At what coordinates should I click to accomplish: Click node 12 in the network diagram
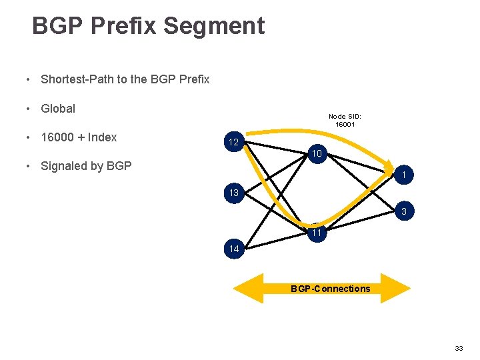pyautogui.click(x=233, y=143)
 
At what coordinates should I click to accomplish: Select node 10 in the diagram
pyautogui.click(x=316, y=155)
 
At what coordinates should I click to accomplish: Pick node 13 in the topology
pyautogui.click(x=233, y=193)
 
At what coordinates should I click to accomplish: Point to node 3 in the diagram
pyautogui.click(x=403, y=212)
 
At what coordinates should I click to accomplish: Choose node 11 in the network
pyautogui.click(x=316, y=233)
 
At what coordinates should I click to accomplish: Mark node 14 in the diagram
pyautogui.click(x=233, y=249)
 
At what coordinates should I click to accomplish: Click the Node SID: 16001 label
pyautogui.click(x=345, y=120)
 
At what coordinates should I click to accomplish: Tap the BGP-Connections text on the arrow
pyautogui.click(x=329, y=289)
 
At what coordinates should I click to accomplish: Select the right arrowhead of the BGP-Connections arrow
pyautogui.click(x=397, y=289)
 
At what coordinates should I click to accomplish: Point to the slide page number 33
pyautogui.click(x=459, y=349)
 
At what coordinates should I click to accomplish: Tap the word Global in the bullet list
pyautogui.click(x=58, y=108)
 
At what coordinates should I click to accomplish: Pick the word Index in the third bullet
pyautogui.click(x=103, y=137)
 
